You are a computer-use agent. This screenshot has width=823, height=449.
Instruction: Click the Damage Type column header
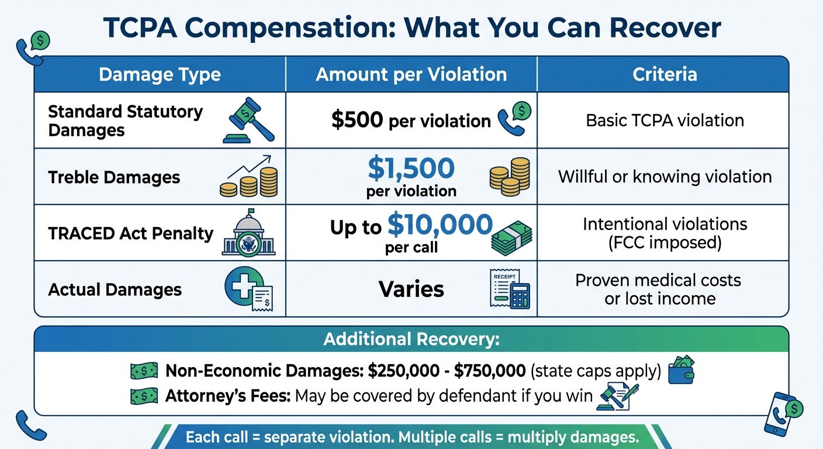pos(160,75)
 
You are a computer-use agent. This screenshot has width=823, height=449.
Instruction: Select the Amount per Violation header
pos(411,75)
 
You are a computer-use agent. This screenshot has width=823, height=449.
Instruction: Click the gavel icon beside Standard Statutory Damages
pos(248,120)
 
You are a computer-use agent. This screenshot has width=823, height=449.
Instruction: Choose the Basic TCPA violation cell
pos(665,120)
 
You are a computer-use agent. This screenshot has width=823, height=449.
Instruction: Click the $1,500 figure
pos(411,168)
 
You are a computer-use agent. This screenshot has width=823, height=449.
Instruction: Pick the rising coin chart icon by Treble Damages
pos(248,176)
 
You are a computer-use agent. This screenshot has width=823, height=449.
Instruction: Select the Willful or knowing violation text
pos(665,177)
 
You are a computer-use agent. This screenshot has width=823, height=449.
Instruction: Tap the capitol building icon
pos(248,233)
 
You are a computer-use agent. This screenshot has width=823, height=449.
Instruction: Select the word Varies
pos(411,289)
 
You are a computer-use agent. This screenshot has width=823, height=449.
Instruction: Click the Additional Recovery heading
pos(411,340)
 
